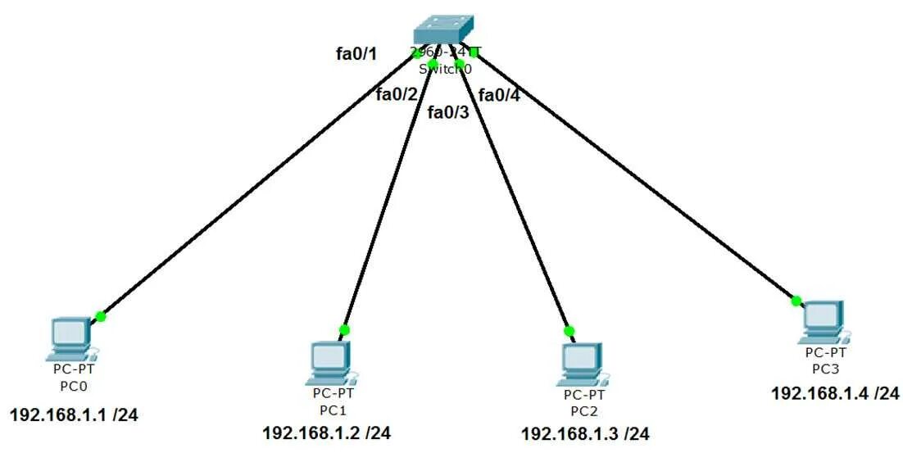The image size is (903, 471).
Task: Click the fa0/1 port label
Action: coord(356,54)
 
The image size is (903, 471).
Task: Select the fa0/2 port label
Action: coord(397,94)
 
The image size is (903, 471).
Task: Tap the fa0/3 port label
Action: coord(448,112)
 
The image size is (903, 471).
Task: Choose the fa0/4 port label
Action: coord(499,95)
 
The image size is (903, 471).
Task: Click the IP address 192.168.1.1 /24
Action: coord(74,414)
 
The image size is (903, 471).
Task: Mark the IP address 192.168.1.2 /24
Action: coord(326,433)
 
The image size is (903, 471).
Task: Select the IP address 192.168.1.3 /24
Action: coord(585,433)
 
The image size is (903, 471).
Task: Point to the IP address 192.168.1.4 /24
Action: coord(835,393)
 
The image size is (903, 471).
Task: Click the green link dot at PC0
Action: coord(101,316)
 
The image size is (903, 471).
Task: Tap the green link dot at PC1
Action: coord(344,330)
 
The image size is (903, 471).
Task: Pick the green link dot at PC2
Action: coord(569,332)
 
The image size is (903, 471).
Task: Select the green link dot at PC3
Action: coord(796,301)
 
